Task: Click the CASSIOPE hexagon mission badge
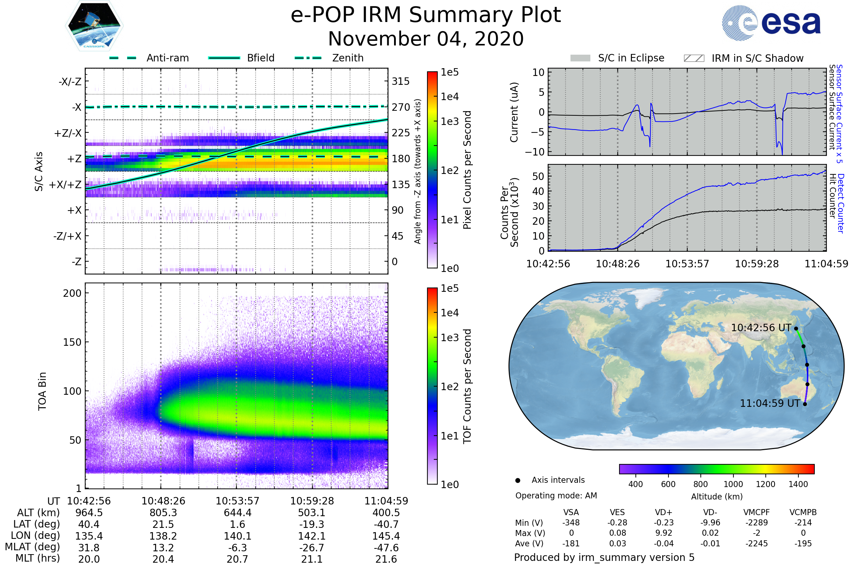(x=94, y=25)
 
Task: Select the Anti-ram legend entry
(x=149, y=58)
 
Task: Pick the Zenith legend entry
(x=329, y=58)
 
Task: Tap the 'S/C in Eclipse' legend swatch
(x=580, y=58)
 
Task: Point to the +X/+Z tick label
(x=65, y=185)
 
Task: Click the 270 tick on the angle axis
(x=401, y=107)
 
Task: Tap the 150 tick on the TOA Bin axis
(x=72, y=342)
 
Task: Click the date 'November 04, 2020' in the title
(x=426, y=39)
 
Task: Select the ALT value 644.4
(x=237, y=513)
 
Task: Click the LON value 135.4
(x=89, y=536)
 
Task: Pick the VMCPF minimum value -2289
(x=757, y=523)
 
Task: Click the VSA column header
(x=571, y=513)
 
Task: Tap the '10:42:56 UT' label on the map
(x=761, y=328)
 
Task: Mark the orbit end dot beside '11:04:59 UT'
(x=805, y=404)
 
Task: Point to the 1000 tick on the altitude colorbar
(x=733, y=484)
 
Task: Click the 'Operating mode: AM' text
(x=556, y=496)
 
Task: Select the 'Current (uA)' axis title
(x=514, y=112)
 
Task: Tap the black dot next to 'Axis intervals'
(x=518, y=480)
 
